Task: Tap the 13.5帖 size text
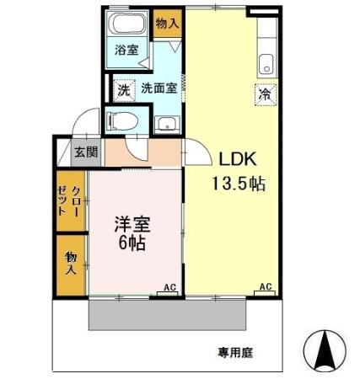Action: [x=239, y=183]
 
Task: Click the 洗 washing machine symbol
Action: [x=123, y=88]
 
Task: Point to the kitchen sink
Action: [x=268, y=62]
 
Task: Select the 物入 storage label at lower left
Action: [x=71, y=263]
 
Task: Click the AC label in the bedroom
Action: [x=168, y=287]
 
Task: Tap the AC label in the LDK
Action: [x=265, y=287]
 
